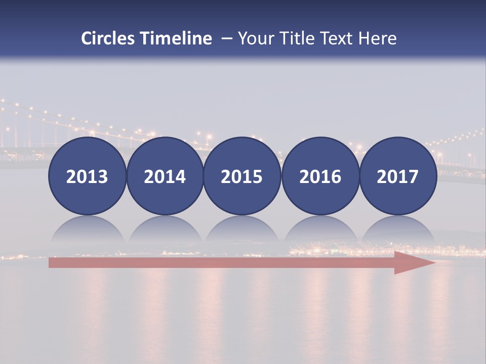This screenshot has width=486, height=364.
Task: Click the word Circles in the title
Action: point(109,38)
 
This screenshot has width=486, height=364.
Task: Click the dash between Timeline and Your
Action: point(225,38)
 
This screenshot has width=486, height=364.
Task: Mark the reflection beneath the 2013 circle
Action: point(87,230)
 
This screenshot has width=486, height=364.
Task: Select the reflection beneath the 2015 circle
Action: point(242,230)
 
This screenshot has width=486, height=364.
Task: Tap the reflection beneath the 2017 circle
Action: point(397,230)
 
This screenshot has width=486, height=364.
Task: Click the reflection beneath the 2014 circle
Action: point(165,230)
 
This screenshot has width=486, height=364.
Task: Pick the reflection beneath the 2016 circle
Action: point(320,230)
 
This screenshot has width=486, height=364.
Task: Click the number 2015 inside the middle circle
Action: point(242,177)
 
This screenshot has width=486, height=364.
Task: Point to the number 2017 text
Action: point(397,177)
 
